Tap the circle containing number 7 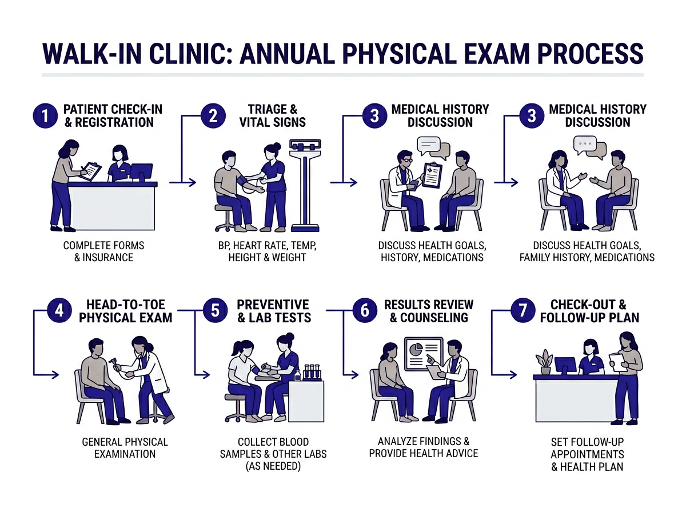click(522, 311)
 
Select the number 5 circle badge click(214, 311)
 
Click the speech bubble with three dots click(585, 143)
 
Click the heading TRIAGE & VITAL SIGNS click(272, 115)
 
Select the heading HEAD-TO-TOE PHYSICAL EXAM click(125, 311)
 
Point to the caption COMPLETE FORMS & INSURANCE click(103, 251)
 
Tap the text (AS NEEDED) click(273, 466)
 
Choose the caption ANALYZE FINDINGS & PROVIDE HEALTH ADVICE click(423, 447)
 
